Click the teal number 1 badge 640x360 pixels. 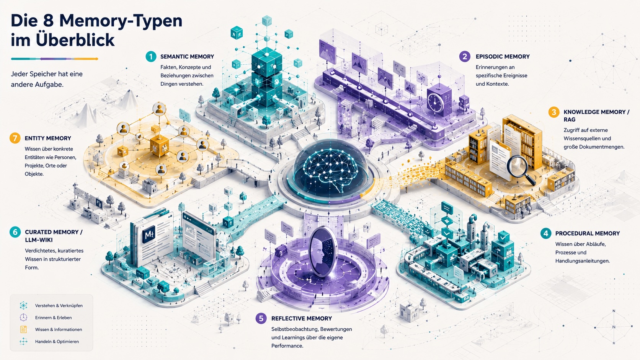pos(151,57)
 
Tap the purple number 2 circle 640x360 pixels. pos(465,57)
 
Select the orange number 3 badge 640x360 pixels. pos(554,112)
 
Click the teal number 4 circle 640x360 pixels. pos(546,233)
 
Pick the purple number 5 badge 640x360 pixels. pos(261,318)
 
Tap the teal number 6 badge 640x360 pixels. pos(15,232)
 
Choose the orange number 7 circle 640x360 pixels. pos(15,138)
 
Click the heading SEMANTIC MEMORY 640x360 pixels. pos(187,57)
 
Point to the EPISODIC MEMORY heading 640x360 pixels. pos(503,57)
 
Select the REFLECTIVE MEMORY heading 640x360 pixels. pos(301,318)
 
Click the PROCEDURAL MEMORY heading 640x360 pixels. pos(588,233)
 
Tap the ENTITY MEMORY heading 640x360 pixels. pos(48,138)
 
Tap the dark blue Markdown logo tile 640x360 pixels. pos(149,235)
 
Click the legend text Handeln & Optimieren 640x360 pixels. pos(57,341)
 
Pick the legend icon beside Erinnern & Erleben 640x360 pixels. pos(23,318)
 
